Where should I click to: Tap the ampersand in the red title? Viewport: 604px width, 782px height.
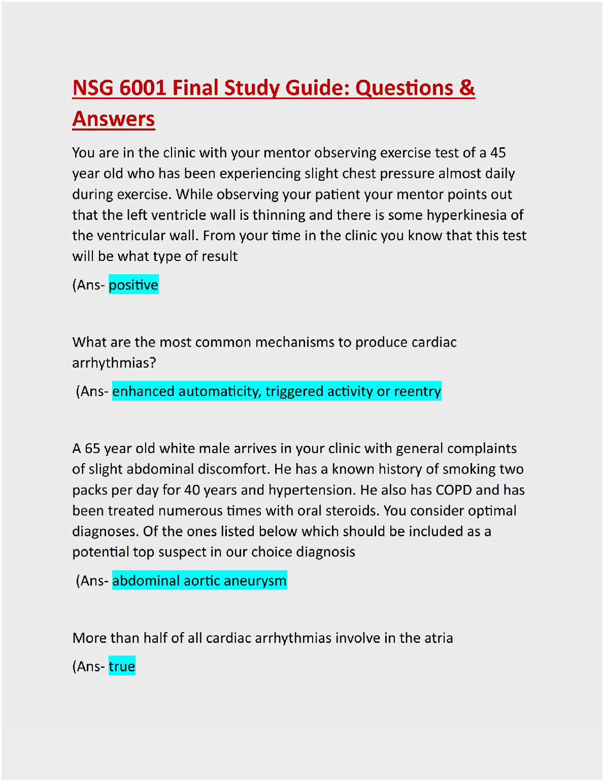[467, 88]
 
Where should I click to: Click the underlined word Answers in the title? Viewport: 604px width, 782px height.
[114, 119]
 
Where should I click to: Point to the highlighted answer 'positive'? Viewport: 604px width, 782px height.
[133, 285]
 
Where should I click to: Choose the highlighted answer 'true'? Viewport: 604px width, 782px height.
[122, 666]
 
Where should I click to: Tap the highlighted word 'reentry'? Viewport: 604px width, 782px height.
[417, 392]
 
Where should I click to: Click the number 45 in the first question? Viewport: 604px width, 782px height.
[498, 153]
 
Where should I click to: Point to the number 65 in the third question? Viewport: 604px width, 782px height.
[92, 448]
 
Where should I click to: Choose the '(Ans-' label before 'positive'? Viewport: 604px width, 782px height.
[89, 285]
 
